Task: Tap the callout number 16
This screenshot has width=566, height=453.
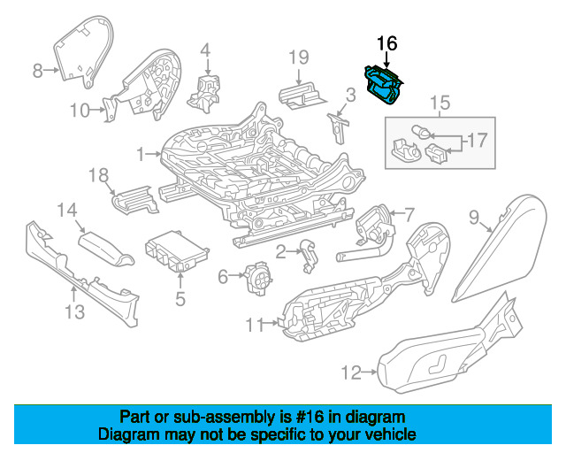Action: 387,42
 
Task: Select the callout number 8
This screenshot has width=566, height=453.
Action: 37,71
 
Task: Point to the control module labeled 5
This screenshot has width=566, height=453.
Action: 172,252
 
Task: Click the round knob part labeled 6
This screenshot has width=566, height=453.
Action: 257,279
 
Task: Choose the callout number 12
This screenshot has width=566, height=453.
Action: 351,373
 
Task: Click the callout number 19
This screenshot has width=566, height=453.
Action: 300,58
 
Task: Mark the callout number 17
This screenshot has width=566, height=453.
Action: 478,140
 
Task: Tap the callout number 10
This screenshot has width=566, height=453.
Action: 80,111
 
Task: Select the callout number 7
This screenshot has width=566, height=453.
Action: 409,212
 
